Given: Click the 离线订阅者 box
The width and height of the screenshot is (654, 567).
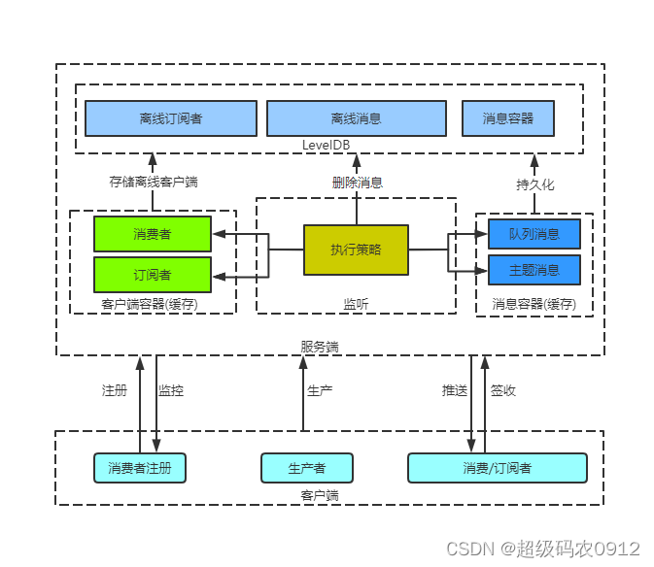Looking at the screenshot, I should [x=171, y=118].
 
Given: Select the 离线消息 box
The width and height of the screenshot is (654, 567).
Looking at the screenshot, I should [x=356, y=118].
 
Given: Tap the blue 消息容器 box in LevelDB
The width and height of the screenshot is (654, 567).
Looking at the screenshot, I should [x=508, y=118].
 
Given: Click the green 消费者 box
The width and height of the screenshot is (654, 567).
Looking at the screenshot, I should [x=153, y=234].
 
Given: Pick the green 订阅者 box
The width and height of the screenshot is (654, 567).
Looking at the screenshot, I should [x=153, y=274].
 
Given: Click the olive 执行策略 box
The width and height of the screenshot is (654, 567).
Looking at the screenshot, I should [x=356, y=250].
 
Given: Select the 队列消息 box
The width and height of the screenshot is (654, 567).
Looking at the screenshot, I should [x=534, y=234].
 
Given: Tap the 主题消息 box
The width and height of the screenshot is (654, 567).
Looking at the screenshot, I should [x=534, y=269].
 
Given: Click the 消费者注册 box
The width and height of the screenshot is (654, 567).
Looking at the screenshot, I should [x=140, y=468].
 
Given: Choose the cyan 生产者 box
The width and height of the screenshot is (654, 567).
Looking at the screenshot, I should [x=306, y=468].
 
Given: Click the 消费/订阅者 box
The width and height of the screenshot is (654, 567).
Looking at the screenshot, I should [x=497, y=468].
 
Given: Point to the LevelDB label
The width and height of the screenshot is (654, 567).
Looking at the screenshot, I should [x=326, y=145].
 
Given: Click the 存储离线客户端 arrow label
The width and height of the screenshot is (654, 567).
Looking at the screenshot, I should [x=153, y=182].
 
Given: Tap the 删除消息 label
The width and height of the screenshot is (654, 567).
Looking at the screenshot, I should [x=357, y=182].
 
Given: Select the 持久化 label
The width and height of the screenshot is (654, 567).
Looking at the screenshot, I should [x=534, y=183].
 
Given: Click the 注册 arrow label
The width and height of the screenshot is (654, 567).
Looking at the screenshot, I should [x=115, y=390].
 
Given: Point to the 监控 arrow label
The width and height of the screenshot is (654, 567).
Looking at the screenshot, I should [x=171, y=390].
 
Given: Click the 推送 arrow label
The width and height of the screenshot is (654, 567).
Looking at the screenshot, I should [x=455, y=390].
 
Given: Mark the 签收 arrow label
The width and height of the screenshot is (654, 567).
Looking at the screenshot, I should [x=503, y=390].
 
